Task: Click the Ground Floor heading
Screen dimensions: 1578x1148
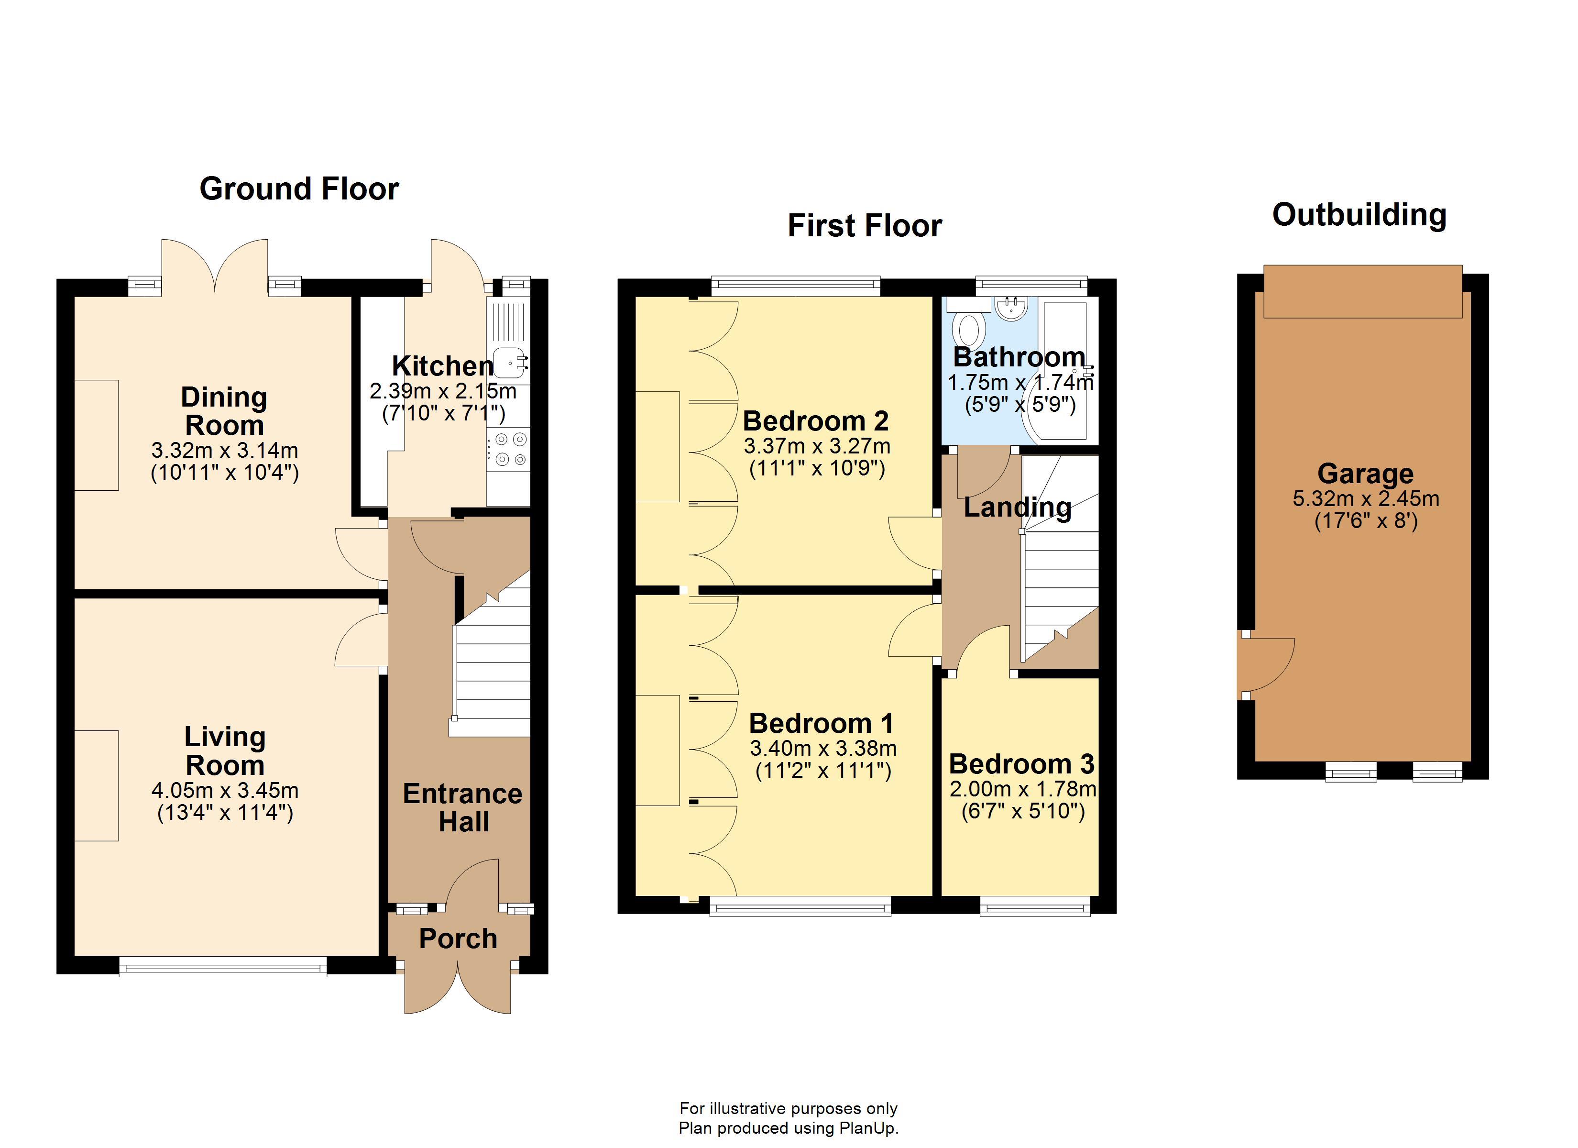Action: point(299,188)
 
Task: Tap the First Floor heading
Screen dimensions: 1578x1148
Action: point(865,226)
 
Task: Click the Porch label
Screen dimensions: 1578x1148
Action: point(458,938)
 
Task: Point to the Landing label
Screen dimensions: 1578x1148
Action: point(1017,508)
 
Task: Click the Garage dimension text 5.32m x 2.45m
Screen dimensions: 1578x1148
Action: point(1366,498)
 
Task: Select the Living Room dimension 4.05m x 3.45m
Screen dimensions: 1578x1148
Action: point(225,790)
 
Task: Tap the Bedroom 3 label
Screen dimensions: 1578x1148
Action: point(1021,764)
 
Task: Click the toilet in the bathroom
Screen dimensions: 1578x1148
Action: point(968,329)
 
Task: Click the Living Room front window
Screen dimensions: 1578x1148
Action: point(223,966)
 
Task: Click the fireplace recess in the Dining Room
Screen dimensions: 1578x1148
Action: point(97,435)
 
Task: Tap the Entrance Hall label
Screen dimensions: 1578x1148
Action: point(463,807)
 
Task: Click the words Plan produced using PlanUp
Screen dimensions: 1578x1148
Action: point(789,1128)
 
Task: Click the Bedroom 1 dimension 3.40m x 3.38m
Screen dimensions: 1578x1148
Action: point(823,749)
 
